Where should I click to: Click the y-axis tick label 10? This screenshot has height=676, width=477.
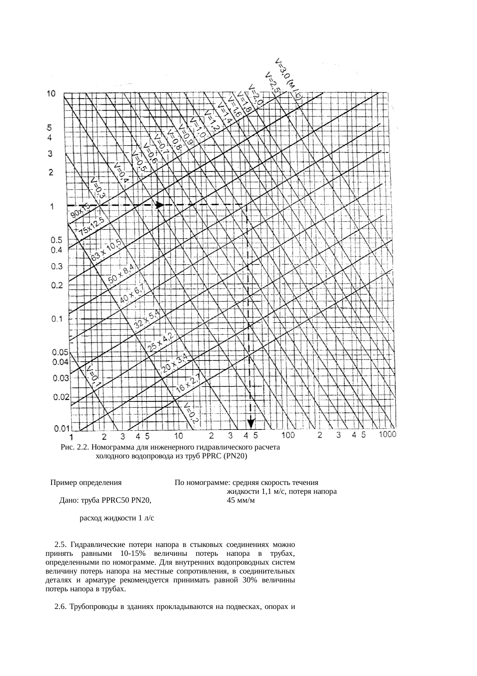pyautogui.click(x=51, y=94)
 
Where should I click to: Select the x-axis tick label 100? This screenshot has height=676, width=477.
pyautogui.click(x=289, y=435)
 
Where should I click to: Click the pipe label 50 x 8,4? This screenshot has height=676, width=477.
pyautogui.click(x=121, y=274)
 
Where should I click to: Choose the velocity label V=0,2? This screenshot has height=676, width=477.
pyautogui.click(x=191, y=414)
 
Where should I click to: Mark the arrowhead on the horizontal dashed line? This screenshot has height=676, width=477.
pyautogui.click(x=159, y=205)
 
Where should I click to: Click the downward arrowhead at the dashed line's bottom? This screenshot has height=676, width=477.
pyautogui.click(x=251, y=423)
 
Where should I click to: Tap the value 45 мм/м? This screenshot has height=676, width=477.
pyautogui.click(x=241, y=501)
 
